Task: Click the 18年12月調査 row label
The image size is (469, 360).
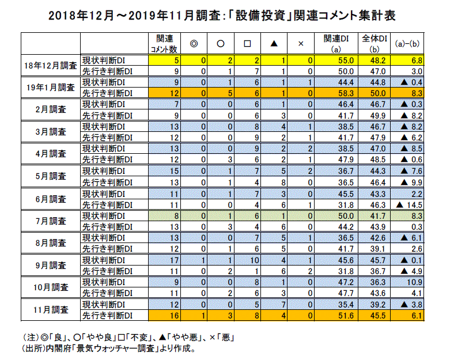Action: pos(52,66)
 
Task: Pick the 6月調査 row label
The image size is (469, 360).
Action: pos(52,198)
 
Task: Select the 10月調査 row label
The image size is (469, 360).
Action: pos(52,287)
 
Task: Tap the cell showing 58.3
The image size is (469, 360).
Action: pos(334,93)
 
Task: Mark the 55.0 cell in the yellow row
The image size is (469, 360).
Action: pos(334,60)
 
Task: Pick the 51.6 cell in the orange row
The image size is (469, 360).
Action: pos(334,315)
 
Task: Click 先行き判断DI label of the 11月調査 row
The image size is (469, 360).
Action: pos(108,315)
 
